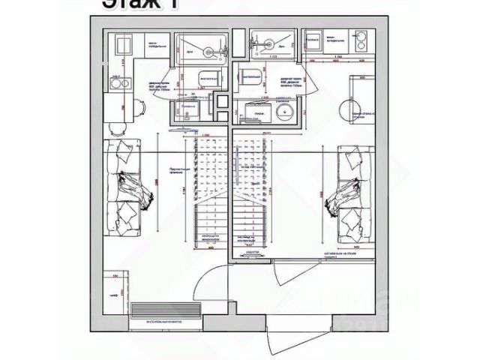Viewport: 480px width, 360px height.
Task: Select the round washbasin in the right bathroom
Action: coord(284,113)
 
